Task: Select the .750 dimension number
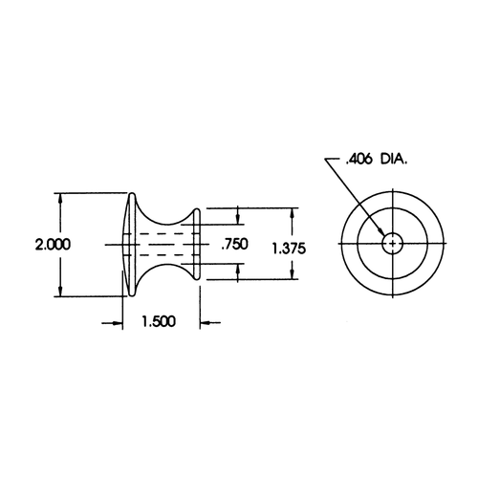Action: [x=234, y=246]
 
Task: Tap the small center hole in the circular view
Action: [x=392, y=245]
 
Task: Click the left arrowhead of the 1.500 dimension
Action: [x=119, y=322]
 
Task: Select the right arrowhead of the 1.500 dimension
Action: [x=203, y=322]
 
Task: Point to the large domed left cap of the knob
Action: [x=129, y=245]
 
